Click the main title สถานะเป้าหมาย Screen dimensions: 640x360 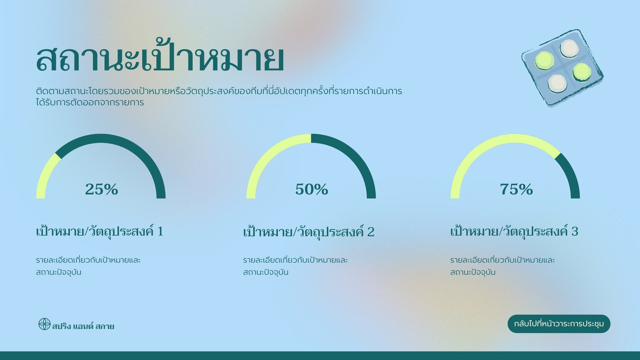click(160, 57)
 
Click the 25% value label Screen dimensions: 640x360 click(102, 189)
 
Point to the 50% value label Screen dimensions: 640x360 click(312, 189)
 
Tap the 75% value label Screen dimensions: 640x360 click(516, 189)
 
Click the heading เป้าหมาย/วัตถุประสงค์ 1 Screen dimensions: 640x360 click(100, 232)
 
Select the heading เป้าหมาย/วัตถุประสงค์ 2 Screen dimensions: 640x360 click(309, 232)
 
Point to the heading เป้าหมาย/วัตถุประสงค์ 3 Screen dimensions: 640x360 click(514, 232)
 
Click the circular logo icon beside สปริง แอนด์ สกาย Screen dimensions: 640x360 click(44, 324)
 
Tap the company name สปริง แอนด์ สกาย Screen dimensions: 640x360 click(83, 326)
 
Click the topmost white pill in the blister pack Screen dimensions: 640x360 click(569, 48)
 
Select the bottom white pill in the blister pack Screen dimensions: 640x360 click(558, 84)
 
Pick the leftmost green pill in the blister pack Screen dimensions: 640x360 click(544, 60)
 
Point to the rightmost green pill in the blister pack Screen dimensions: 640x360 click(582, 72)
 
